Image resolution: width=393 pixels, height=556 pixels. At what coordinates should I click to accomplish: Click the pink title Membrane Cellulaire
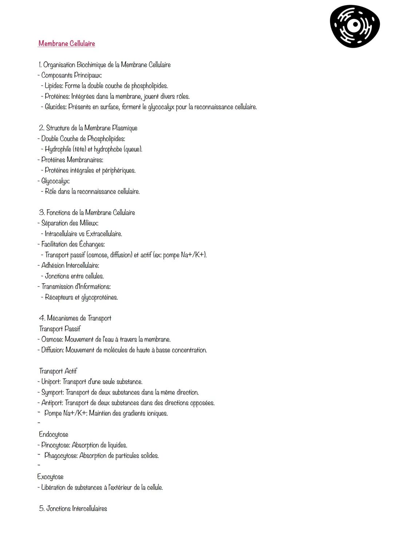[67, 44]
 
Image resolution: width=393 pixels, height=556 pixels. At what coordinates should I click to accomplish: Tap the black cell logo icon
[354, 26]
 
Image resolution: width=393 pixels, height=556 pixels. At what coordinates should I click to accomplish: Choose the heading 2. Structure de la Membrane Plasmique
[88, 128]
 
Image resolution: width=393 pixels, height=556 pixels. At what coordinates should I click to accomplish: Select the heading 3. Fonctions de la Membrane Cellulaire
[87, 213]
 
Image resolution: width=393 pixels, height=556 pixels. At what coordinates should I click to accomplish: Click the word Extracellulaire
[104, 234]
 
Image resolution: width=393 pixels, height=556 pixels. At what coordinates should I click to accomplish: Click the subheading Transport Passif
[60, 329]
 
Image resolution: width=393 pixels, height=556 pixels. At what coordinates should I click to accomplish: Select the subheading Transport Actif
[58, 371]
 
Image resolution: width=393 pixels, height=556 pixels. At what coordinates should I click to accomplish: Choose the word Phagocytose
[60, 456]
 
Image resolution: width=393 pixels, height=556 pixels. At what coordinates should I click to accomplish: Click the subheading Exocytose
[50, 477]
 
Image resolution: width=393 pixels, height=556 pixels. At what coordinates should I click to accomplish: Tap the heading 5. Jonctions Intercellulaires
[73, 509]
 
